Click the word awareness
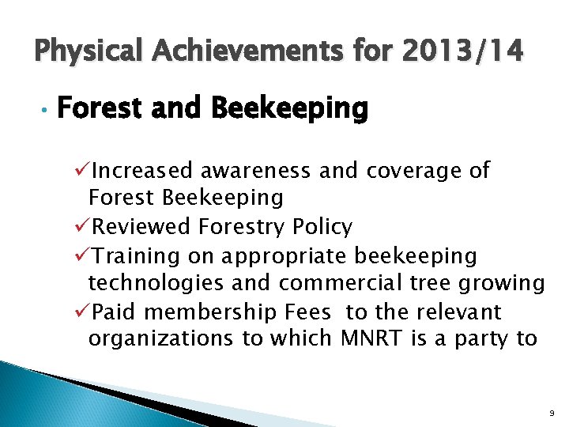[x=254, y=170]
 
